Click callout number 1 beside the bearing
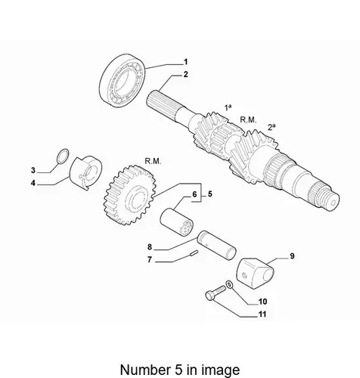(x=185, y=62)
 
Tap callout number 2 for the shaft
(x=185, y=75)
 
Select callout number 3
(x=33, y=170)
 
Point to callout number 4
(x=33, y=183)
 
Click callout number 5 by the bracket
(x=209, y=194)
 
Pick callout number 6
(x=194, y=194)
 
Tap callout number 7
(x=150, y=259)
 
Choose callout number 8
(x=150, y=247)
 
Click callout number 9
(x=292, y=256)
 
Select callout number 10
(x=262, y=302)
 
